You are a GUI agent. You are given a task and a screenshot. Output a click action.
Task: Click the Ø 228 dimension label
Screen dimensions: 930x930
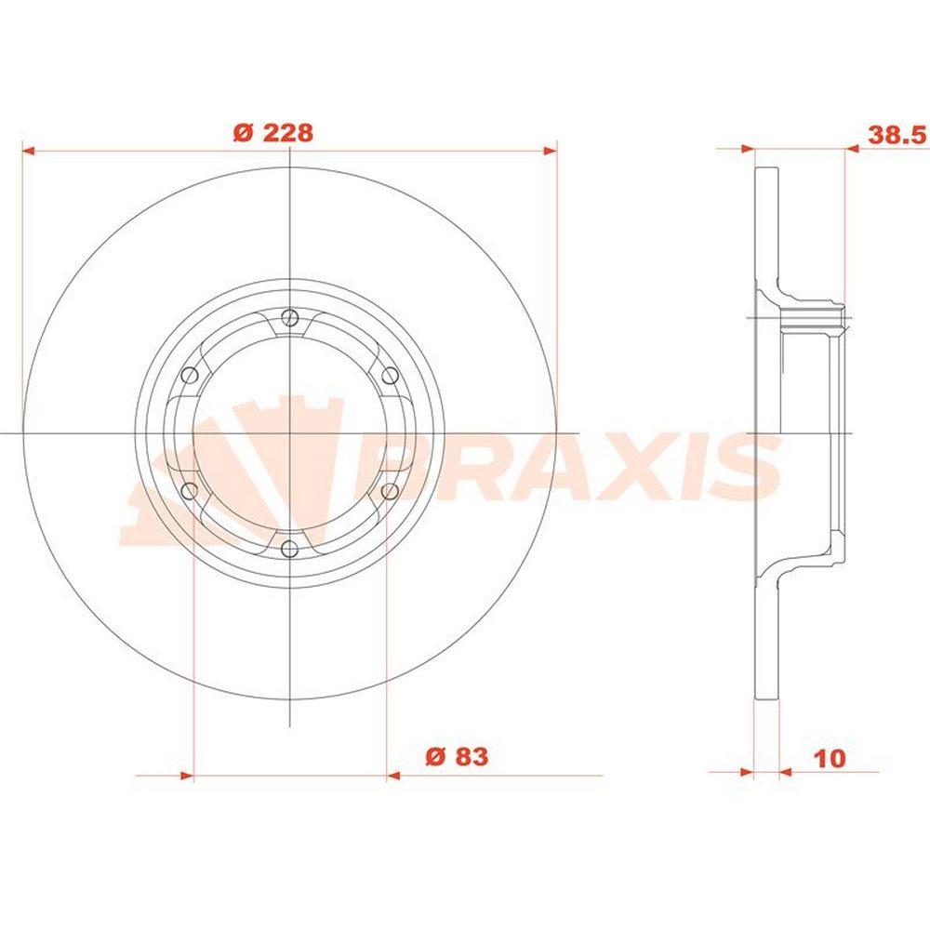[273, 132]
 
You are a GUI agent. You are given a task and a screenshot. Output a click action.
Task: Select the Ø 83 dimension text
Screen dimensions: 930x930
[457, 756]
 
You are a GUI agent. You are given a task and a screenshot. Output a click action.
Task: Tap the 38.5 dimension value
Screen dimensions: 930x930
[897, 135]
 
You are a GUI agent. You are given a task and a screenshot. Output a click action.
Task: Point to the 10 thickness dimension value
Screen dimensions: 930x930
[830, 758]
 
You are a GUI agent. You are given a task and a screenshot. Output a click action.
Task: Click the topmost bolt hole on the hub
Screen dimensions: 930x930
[289, 318]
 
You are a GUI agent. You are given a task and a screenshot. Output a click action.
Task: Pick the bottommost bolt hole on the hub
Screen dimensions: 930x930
[289, 549]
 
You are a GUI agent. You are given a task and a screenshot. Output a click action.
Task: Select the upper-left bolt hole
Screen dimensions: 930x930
[189, 376]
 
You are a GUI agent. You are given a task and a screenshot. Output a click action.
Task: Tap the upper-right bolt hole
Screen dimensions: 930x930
[390, 376]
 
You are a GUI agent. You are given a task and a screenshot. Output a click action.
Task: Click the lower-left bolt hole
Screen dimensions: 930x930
[189, 491]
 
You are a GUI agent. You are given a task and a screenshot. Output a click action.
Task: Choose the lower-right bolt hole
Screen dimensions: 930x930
[390, 491]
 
